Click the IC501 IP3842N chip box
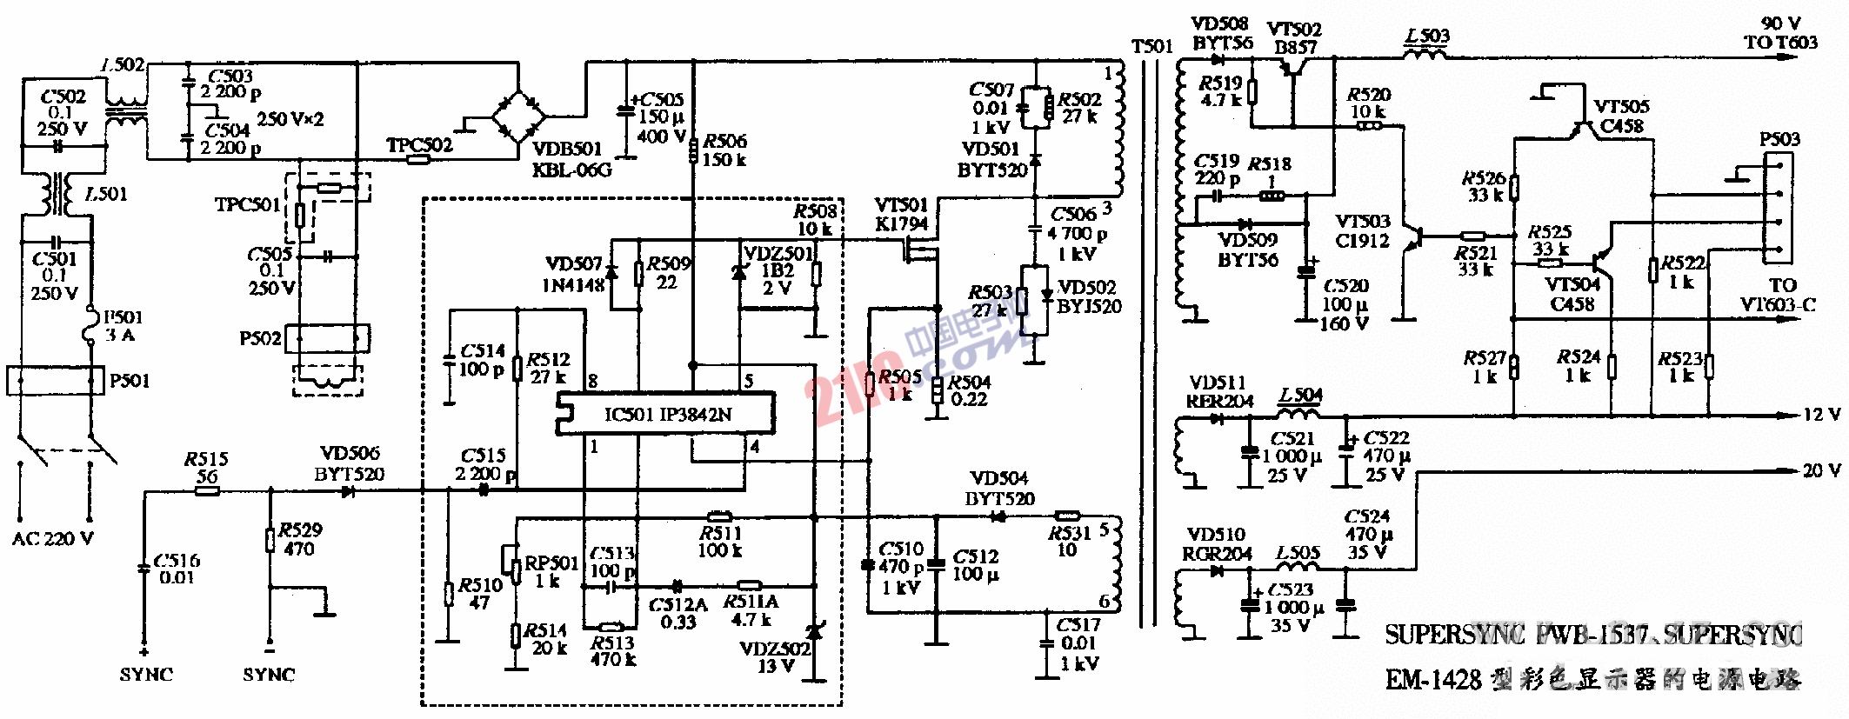(x=666, y=414)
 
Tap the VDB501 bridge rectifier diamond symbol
(x=519, y=115)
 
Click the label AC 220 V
(x=52, y=539)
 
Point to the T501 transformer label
(x=1152, y=46)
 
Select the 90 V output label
(x=1780, y=33)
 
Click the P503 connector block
(x=1778, y=209)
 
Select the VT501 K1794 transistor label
(x=901, y=214)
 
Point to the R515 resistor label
(x=206, y=467)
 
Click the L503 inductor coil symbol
(x=1426, y=54)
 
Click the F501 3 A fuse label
(x=122, y=326)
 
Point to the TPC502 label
(x=419, y=145)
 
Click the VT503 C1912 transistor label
(x=1362, y=231)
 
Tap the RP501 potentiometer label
(x=551, y=571)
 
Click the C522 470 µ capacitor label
(x=1385, y=456)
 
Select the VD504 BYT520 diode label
(x=999, y=489)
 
